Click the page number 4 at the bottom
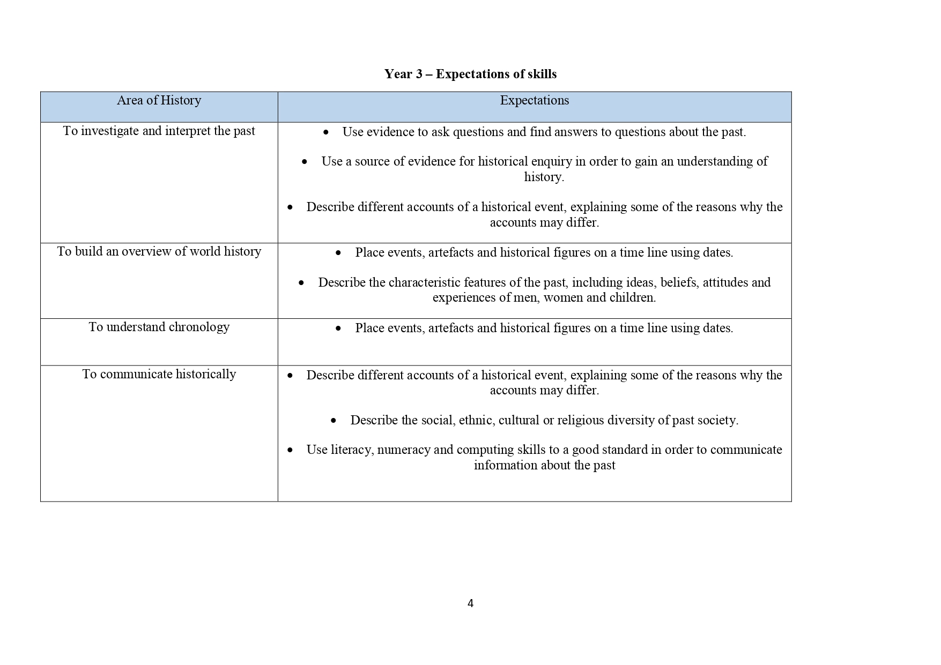(x=470, y=603)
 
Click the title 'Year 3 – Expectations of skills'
(x=470, y=74)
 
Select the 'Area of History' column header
(x=159, y=100)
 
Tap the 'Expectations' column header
(x=534, y=100)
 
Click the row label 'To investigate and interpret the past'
(x=159, y=131)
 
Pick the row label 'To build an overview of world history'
(x=159, y=251)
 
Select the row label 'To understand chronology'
(x=159, y=327)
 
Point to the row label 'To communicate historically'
(x=159, y=374)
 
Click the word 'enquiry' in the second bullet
(x=550, y=162)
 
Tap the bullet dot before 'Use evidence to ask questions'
(x=326, y=132)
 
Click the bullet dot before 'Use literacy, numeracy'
(x=290, y=450)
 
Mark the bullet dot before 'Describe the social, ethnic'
(x=334, y=421)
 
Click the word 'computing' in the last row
(x=485, y=450)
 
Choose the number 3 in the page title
(x=419, y=74)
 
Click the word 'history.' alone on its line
(x=544, y=177)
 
